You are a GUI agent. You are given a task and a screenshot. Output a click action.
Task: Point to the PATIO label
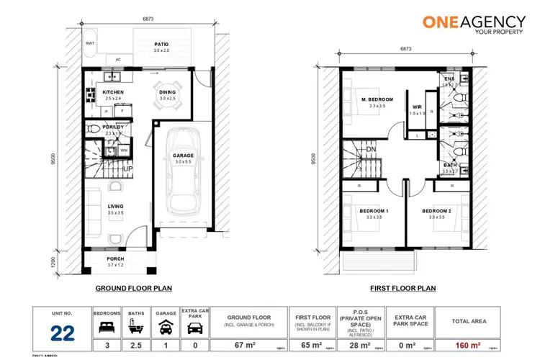tap(161, 44)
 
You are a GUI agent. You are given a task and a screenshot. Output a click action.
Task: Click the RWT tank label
tap(89, 42)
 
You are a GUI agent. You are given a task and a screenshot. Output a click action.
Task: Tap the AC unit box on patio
tap(118, 60)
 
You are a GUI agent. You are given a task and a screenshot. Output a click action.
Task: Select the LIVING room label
tap(115, 206)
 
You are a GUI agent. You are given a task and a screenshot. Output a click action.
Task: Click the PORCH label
tap(115, 258)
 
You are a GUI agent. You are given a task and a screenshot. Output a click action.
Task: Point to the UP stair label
tap(127, 168)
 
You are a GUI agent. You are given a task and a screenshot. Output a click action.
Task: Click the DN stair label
tap(372, 150)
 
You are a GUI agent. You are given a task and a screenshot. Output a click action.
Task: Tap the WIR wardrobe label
tap(417, 107)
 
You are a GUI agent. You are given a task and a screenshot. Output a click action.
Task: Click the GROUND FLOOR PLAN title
tap(133, 288)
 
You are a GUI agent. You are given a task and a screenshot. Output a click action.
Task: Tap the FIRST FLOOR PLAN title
tap(403, 288)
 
